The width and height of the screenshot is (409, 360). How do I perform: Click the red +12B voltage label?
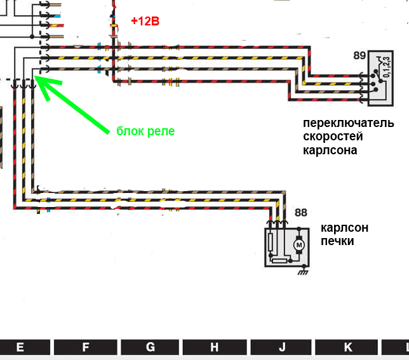click(x=145, y=21)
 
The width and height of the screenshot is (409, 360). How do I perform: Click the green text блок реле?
click(x=145, y=131)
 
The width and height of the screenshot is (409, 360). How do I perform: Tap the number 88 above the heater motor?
click(x=300, y=213)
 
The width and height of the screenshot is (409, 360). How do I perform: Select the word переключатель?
click(x=348, y=123)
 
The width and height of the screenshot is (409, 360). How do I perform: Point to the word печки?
click(x=337, y=241)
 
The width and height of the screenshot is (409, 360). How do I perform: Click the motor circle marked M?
click(x=298, y=244)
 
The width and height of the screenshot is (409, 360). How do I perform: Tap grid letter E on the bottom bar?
click(x=20, y=347)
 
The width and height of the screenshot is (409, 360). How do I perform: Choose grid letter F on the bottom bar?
click(x=86, y=347)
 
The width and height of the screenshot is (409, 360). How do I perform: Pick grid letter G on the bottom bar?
click(x=151, y=347)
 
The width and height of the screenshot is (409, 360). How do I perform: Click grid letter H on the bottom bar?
click(x=215, y=347)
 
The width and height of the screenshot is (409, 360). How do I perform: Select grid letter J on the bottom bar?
click(x=281, y=347)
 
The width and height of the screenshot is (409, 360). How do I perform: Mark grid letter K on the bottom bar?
click(x=347, y=347)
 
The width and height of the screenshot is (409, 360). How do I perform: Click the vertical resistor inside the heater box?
click(x=272, y=242)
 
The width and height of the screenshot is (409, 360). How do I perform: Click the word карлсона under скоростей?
click(x=330, y=150)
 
